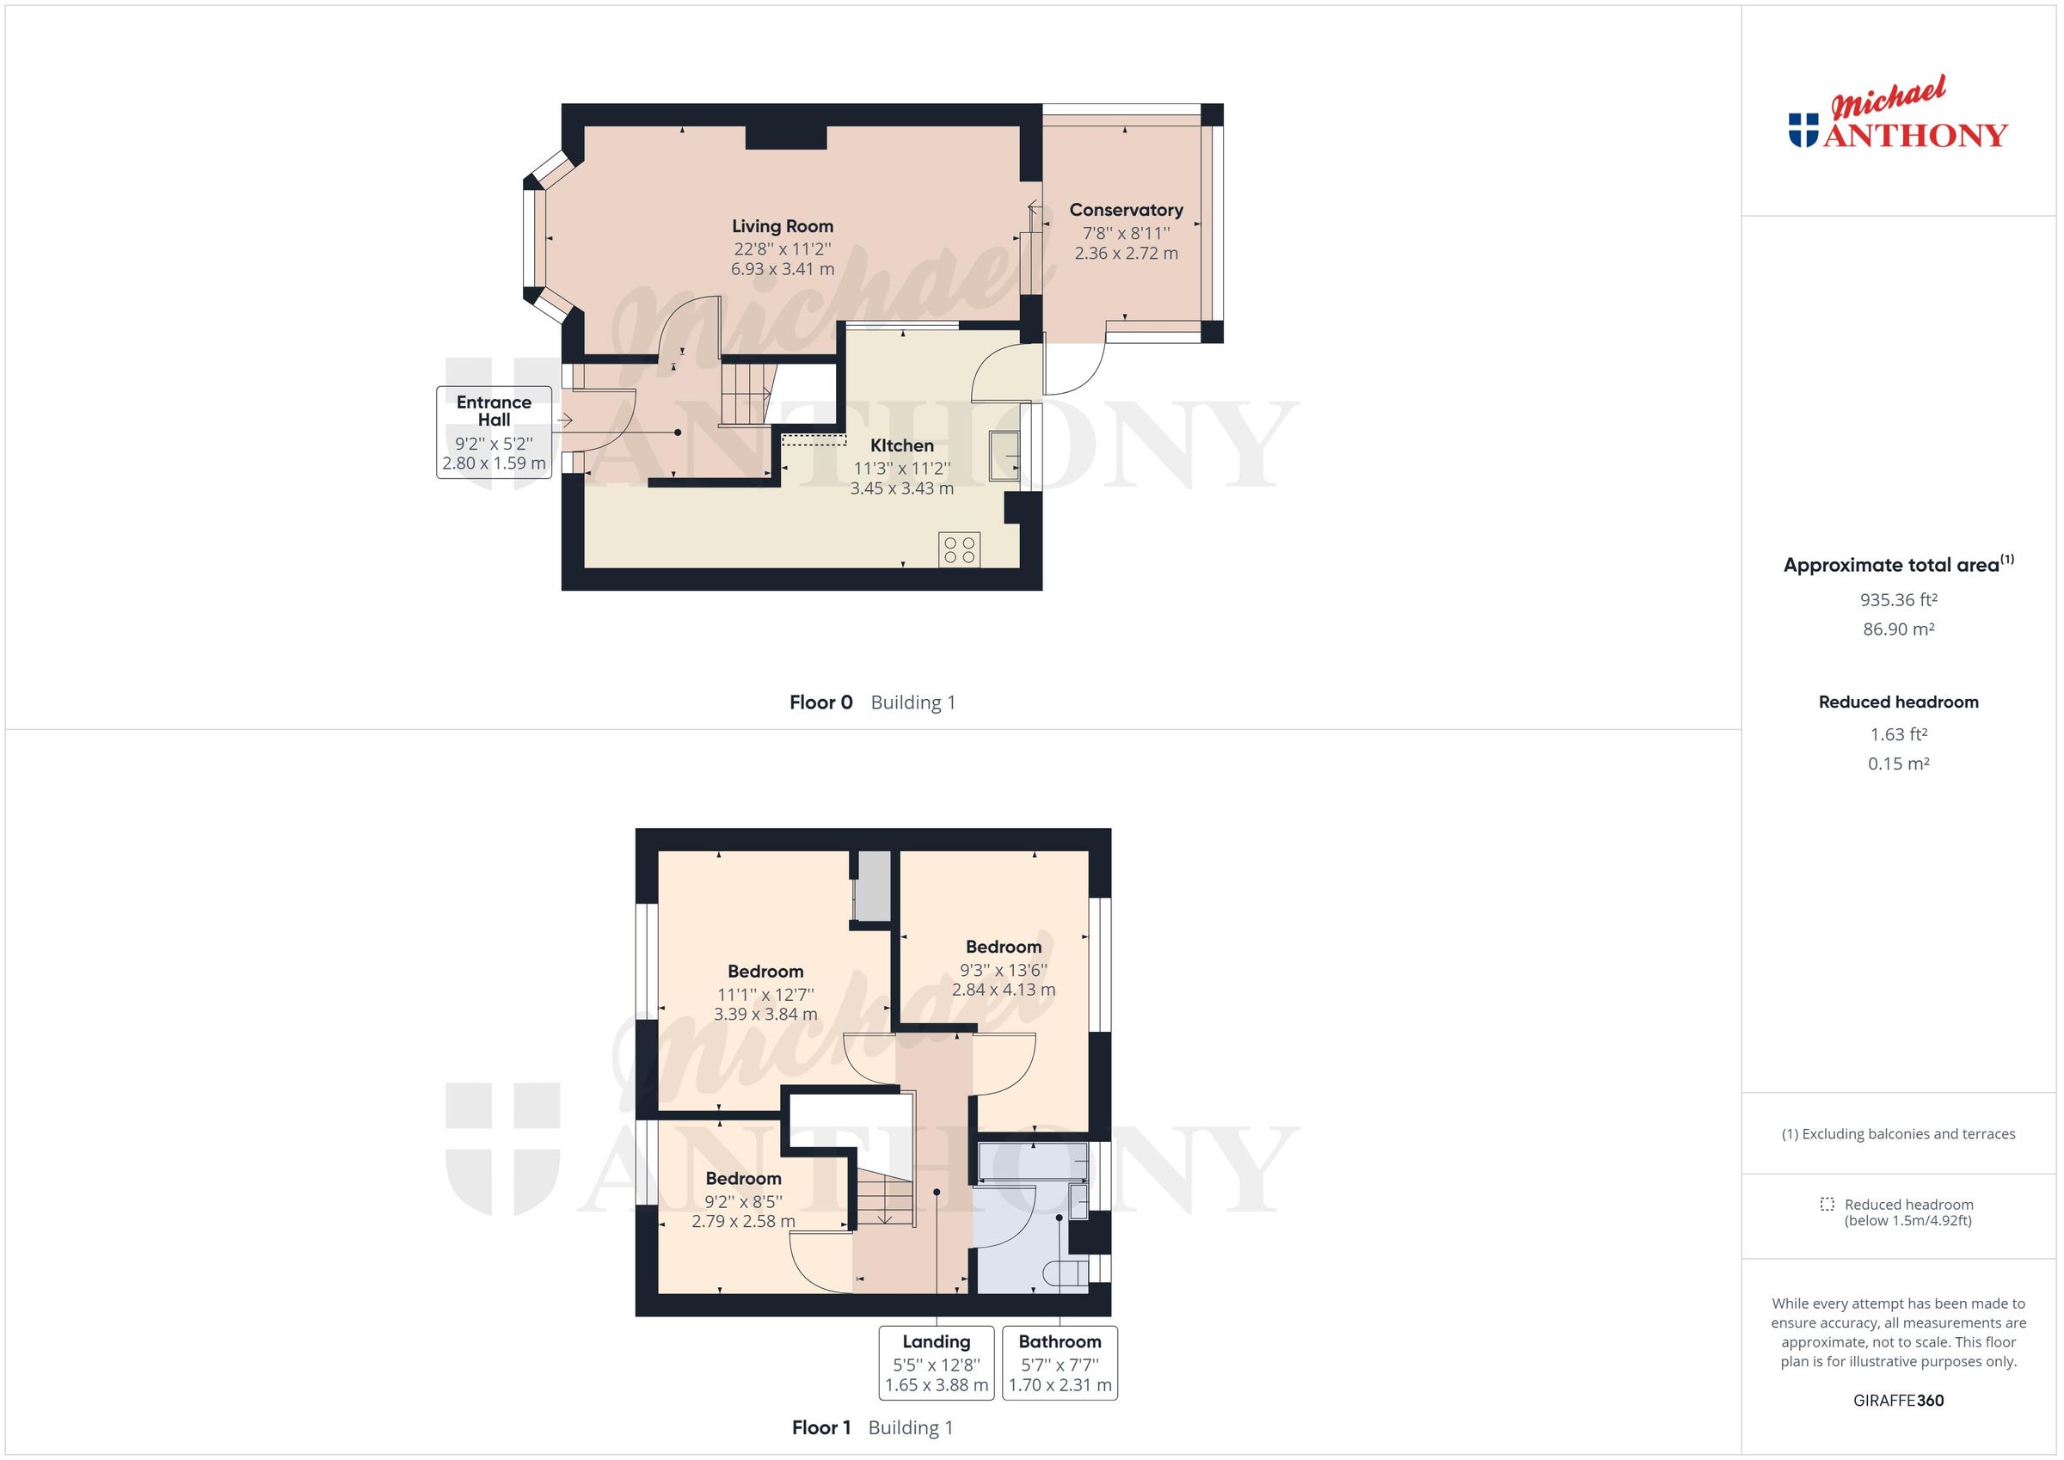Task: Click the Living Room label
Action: click(782, 226)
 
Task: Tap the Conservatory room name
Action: click(1126, 211)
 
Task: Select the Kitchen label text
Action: click(901, 446)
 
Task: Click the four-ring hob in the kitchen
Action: click(959, 550)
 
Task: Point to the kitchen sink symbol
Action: click(1004, 456)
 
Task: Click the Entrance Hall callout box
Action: click(494, 432)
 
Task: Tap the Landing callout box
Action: click(936, 1363)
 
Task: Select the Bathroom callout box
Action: click(1060, 1363)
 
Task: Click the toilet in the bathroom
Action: click(1066, 1272)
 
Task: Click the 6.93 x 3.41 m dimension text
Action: click(782, 269)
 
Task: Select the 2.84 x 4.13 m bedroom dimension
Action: click(1004, 990)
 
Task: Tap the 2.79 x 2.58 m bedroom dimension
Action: click(742, 1222)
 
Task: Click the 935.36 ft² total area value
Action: click(1898, 599)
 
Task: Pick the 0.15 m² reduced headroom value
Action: click(1898, 764)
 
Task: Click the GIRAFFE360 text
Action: click(1898, 1400)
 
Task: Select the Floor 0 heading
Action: click(820, 703)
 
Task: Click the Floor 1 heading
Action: click(820, 1427)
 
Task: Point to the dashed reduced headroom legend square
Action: click(1827, 1205)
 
